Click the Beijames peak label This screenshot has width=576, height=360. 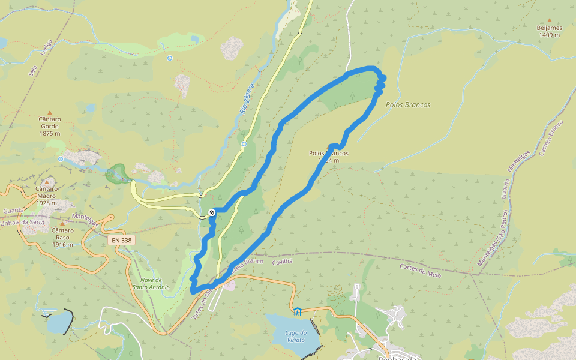pos(549,31)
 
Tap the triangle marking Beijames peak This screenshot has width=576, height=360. pos(549,20)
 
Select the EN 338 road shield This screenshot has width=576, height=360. pos(122,240)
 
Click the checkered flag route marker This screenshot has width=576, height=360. pos(212,212)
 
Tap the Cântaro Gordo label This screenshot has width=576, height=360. pos(49,125)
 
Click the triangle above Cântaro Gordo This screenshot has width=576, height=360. pos(49,112)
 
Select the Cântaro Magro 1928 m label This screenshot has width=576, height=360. pos(46,199)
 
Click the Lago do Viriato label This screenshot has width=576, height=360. pos(296,337)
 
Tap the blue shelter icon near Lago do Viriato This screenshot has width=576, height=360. pos(298,311)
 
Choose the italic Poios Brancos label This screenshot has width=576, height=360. pos(409,105)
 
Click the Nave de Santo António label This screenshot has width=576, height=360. pos(151,284)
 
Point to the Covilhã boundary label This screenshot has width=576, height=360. pos(281,261)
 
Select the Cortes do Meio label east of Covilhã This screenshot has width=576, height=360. pos(420,270)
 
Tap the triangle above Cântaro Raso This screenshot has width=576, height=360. pos(62,223)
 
